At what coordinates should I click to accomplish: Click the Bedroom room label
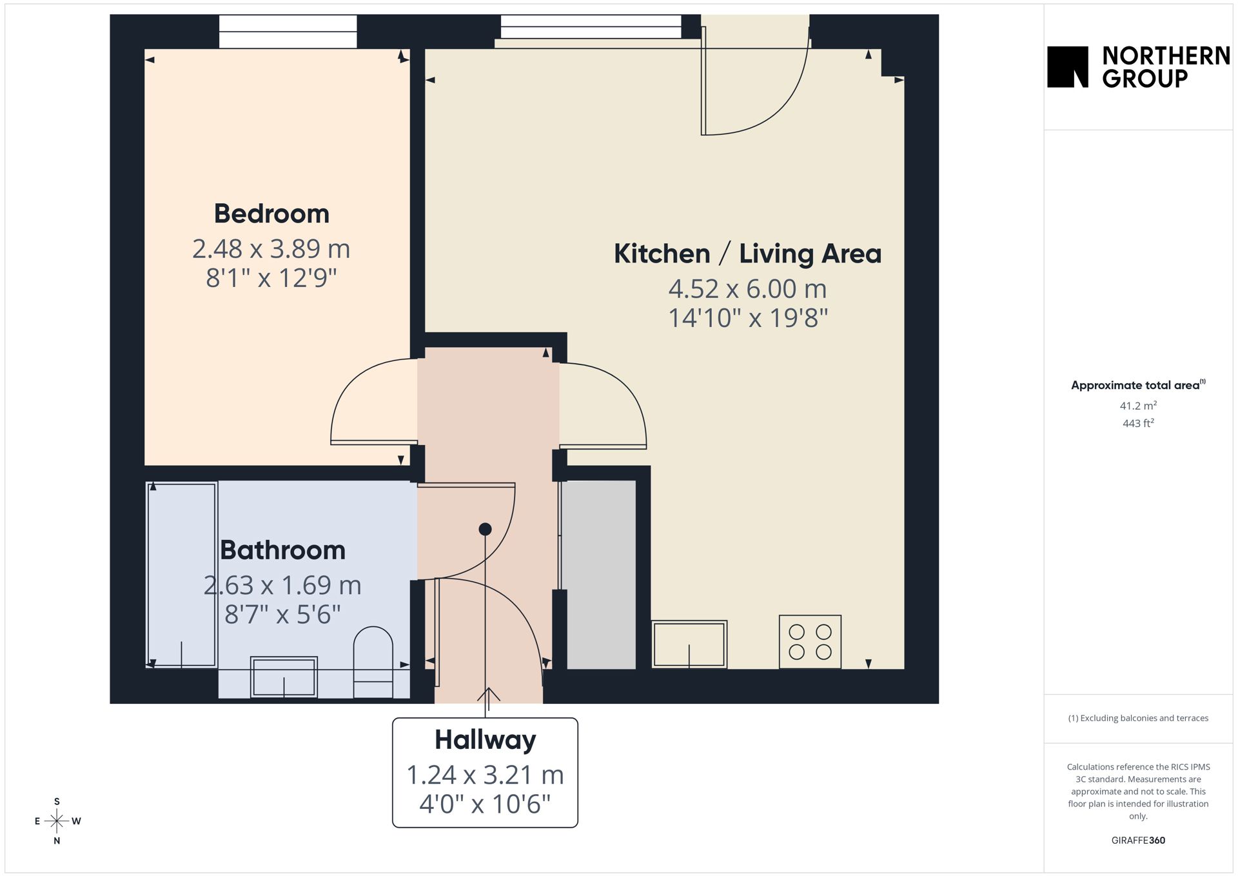(x=271, y=214)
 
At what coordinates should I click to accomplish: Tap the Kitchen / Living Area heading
(x=747, y=254)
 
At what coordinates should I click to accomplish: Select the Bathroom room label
(x=282, y=550)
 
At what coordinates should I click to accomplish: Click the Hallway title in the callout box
(x=485, y=740)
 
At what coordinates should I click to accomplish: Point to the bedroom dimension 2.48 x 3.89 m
(x=271, y=248)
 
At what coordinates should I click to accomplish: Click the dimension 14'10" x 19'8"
(x=747, y=318)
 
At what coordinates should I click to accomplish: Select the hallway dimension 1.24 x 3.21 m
(x=485, y=775)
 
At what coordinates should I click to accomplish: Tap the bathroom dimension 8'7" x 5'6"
(x=282, y=614)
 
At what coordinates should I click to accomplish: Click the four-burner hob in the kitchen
(x=810, y=642)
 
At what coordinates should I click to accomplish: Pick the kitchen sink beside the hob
(x=689, y=644)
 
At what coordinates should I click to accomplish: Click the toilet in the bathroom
(x=373, y=662)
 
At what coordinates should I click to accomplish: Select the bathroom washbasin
(x=284, y=677)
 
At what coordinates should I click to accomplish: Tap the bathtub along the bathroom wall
(x=181, y=575)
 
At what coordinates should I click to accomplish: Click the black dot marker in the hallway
(x=485, y=530)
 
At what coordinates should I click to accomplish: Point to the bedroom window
(x=288, y=32)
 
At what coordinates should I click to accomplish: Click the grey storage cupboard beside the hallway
(x=600, y=575)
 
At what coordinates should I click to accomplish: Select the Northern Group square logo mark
(x=1068, y=66)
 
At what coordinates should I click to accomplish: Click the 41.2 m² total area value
(x=1138, y=406)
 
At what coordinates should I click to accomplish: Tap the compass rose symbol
(x=57, y=821)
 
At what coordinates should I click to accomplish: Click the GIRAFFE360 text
(x=1138, y=841)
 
